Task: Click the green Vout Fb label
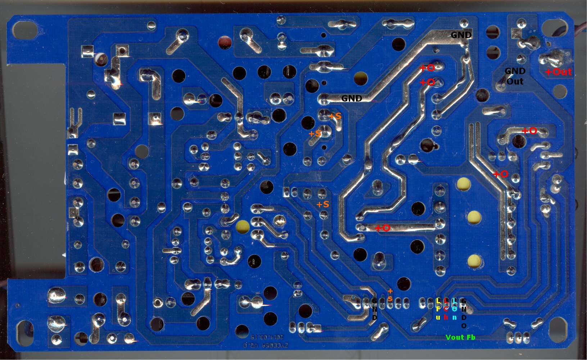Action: [460, 337]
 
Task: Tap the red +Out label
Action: [558, 72]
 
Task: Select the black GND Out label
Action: [515, 76]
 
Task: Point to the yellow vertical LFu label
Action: [438, 309]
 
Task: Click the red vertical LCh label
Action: [446, 309]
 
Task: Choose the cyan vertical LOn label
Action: [455, 309]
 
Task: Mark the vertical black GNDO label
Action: [464, 313]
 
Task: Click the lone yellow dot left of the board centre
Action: [243, 226]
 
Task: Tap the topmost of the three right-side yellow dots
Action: [464, 184]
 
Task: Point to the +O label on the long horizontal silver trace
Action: [382, 228]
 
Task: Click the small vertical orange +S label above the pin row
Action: [390, 295]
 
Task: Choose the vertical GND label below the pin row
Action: [375, 309]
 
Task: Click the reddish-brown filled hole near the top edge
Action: [225, 42]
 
